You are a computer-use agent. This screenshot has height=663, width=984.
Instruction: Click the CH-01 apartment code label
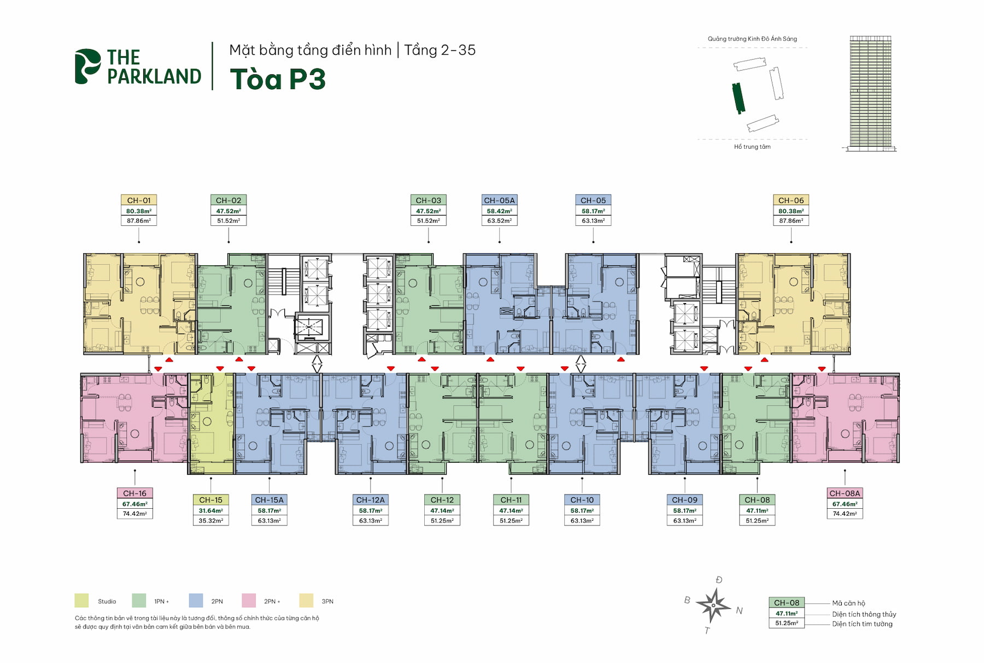point(138,200)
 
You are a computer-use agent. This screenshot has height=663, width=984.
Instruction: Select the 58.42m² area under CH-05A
point(499,211)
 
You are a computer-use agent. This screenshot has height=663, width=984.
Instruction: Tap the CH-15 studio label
point(210,499)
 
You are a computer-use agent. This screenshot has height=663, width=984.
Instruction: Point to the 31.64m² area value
point(210,510)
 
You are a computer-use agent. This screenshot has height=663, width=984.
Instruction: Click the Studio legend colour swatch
point(81,601)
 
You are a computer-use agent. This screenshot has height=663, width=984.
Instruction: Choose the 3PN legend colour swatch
point(306,601)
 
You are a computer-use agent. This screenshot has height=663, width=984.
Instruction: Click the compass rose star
point(713,606)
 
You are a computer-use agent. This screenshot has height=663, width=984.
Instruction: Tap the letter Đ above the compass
point(719,580)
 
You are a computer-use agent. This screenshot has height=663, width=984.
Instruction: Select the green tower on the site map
point(739,98)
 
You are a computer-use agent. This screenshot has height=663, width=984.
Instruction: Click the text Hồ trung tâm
point(752,147)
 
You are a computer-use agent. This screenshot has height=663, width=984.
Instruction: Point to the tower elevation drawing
point(870,93)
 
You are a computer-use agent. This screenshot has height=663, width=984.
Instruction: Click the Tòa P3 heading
point(278,79)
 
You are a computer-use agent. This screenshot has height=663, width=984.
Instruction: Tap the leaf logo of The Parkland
point(87,67)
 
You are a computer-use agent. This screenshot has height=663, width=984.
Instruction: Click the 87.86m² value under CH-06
point(791,220)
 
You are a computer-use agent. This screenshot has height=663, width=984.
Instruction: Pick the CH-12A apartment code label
point(370,499)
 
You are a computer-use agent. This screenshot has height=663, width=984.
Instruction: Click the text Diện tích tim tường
point(862,624)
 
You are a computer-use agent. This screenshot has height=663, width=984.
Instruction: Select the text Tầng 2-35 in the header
point(440,50)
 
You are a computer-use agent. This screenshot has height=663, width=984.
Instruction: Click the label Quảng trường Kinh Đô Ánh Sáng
point(752,39)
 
